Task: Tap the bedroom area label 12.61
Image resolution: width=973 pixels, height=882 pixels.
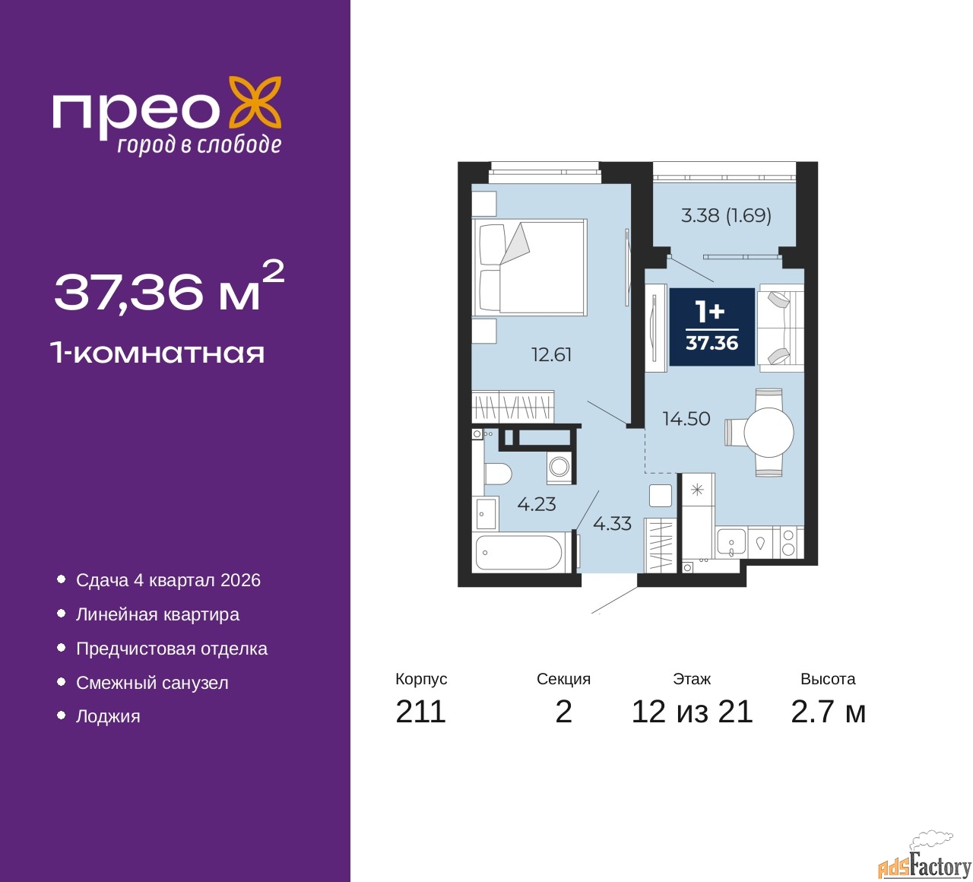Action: click(551, 355)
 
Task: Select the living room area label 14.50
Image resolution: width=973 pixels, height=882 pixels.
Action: click(686, 419)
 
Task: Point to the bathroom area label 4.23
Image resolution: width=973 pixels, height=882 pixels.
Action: click(537, 504)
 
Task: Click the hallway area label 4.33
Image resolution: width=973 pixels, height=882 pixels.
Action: click(612, 524)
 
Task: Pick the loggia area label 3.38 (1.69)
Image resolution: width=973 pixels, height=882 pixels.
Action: click(726, 216)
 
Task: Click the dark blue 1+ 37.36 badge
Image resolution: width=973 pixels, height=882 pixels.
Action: click(712, 327)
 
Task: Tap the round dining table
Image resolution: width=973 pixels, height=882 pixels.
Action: click(769, 433)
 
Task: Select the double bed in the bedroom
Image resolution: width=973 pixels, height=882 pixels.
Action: click(529, 268)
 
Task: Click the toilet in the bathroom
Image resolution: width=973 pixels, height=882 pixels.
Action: click(497, 474)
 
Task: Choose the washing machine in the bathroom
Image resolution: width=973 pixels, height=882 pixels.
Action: click(559, 466)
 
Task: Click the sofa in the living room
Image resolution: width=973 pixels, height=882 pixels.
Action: click(781, 328)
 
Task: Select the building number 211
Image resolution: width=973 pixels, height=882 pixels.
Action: click(420, 712)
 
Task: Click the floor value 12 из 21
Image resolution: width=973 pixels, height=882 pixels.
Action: click(692, 712)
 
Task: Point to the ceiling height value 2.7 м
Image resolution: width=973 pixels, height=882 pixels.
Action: click(828, 712)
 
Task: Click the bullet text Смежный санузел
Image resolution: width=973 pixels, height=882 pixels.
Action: click(152, 683)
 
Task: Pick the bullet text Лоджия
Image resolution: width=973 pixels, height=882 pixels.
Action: click(108, 716)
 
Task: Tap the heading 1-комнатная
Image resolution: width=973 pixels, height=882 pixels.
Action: click(157, 353)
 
